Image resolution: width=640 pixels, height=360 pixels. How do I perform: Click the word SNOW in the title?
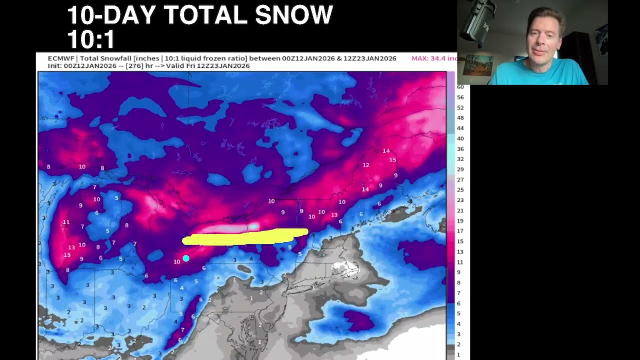pos(293,15)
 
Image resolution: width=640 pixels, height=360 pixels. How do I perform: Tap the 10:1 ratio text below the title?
pos(91,39)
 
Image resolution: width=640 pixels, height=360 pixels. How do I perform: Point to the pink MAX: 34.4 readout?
pos(433,58)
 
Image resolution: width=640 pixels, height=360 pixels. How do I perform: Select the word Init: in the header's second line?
pos(55,66)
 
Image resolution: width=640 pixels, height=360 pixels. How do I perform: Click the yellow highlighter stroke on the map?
pos(245,237)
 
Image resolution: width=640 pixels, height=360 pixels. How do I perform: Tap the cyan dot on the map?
pos(186,258)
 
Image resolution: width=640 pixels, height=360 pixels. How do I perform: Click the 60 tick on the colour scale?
pos(460,87)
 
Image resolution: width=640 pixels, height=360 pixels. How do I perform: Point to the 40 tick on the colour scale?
pos(460,138)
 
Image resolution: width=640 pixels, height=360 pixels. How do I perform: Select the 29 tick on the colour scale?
pos(460,169)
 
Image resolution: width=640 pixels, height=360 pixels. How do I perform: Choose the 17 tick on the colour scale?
pos(460,231)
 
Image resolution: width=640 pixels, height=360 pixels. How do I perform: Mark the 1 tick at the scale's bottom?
pos(458,354)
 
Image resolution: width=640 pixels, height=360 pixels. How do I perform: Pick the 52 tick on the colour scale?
pos(460,107)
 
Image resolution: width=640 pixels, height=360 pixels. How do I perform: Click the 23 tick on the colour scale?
pos(460,200)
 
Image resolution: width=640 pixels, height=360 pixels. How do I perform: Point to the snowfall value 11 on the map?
pos(66,222)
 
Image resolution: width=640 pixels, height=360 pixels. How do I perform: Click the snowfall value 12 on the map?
pos(366,165)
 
